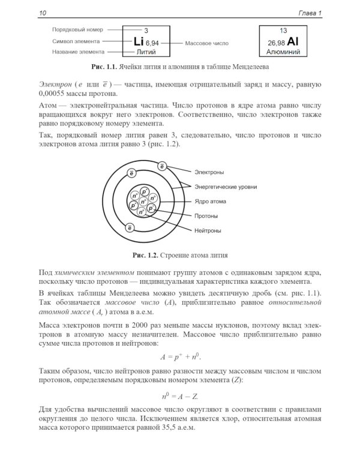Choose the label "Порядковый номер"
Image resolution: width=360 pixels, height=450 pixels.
click(77, 29)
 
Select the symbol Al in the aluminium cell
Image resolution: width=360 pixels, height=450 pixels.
click(293, 42)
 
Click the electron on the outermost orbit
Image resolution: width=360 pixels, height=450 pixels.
click(162, 166)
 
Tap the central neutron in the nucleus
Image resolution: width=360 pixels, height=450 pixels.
click(143, 202)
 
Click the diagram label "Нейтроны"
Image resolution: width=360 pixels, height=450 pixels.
click(207, 230)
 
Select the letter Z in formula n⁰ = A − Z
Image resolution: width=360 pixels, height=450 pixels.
click(196, 396)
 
